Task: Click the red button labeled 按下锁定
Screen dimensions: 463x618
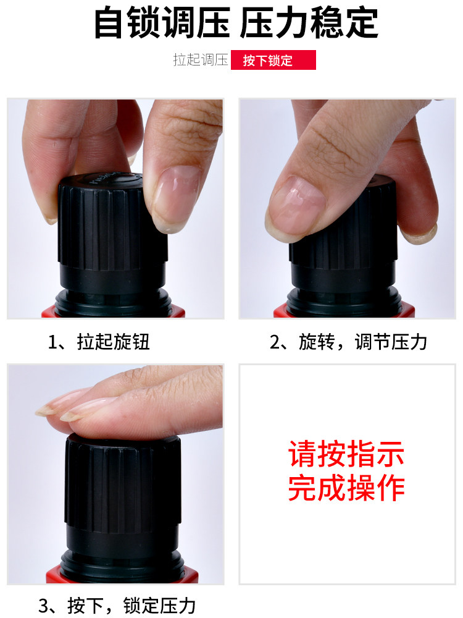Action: [273, 60]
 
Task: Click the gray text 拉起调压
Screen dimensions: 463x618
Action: [201, 60]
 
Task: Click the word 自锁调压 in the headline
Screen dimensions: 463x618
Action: [162, 23]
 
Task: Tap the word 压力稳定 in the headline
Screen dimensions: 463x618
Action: [309, 23]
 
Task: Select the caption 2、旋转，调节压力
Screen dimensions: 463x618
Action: [348, 341]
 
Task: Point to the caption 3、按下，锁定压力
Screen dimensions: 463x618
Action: [117, 606]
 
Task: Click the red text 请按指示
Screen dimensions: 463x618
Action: [346, 454]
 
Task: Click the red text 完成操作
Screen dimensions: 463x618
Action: [346, 488]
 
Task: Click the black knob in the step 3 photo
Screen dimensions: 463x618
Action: [123, 493]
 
